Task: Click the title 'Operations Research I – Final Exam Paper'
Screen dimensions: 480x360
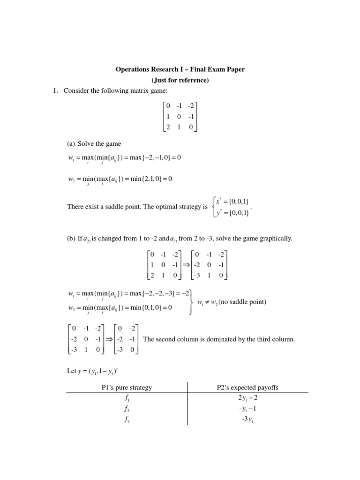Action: [180, 69]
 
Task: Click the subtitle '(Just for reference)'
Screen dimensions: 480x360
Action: [180, 80]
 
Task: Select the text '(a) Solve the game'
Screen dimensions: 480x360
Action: [95, 143]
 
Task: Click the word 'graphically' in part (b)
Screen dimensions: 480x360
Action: [277, 239]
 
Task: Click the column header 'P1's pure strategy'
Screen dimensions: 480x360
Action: [127, 387]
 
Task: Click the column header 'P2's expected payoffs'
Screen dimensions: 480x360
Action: [247, 387]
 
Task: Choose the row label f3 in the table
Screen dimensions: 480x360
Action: [127, 419]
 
